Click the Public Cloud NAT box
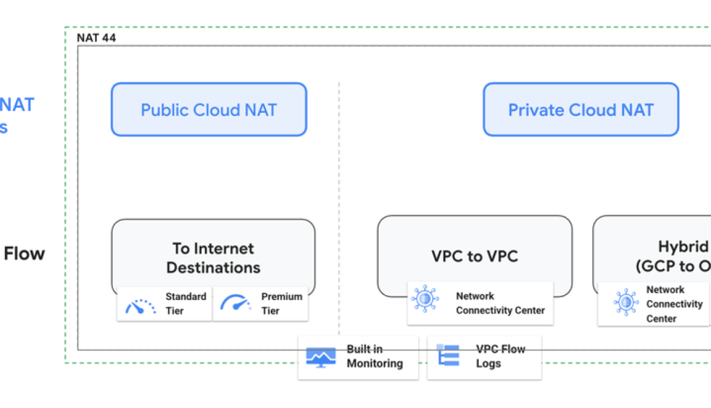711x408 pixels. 208,110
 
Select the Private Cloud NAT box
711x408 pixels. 580,110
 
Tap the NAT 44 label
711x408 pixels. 96,38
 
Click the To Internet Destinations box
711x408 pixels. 213,258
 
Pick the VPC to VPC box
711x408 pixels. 474,256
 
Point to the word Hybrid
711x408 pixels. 683,247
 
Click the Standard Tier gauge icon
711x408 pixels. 140,304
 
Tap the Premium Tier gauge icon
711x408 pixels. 236,304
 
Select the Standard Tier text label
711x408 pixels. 186,304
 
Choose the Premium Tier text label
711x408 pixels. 281,304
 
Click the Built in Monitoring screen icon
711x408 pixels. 321,356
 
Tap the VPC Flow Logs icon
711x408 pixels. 448,356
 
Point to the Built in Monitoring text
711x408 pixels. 375,356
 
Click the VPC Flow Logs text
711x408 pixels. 500,356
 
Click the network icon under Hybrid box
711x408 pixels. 625,302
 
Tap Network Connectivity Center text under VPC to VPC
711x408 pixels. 500,303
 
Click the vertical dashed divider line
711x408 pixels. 339,184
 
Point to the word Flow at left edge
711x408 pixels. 25,253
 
